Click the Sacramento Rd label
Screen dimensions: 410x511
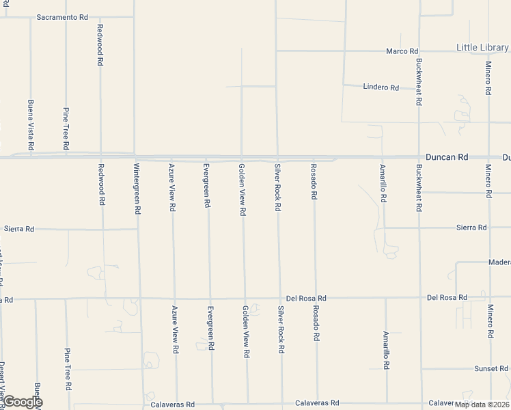[x=62, y=17]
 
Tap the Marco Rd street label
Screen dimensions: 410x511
[x=402, y=51]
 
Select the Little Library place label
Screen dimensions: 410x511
[x=482, y=47]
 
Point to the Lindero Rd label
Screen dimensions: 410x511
[x=381, y=87]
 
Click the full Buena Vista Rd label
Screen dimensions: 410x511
[x=31, y=124]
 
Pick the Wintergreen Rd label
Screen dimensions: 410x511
[x=137, y=189]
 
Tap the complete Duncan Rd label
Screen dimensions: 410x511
[x=447, y=157]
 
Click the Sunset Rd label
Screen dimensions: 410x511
[x=491, y=369]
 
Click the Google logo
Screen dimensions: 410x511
[x=22, y=402]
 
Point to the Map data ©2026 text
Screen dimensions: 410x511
[x=482, y=405]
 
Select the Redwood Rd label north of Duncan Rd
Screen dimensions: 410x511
[x=100, y=44]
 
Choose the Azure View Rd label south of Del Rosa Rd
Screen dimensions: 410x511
[x=176, y=329]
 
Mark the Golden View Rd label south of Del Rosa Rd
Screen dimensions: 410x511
[x=245, y=331]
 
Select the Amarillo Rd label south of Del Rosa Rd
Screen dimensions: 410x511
[x=386, y=351]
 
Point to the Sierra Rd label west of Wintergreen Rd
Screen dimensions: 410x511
[x=19, y=229]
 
